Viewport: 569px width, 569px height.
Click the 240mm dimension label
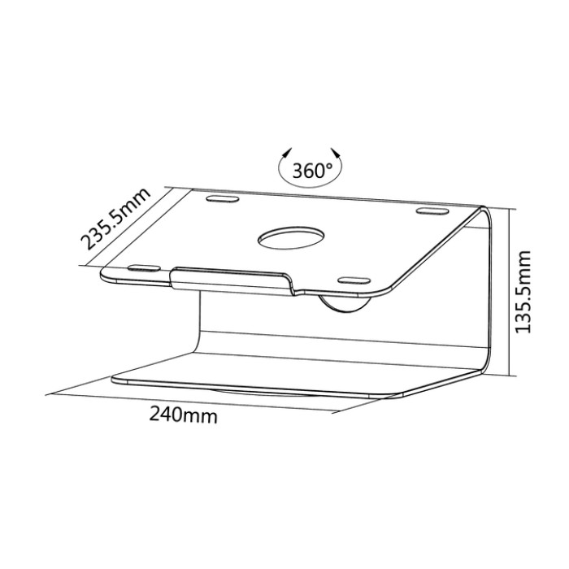[184, 415]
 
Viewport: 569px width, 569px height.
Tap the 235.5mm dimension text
[115, 219]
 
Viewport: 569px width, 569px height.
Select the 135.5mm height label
[523, 292]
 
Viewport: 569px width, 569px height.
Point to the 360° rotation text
[312, 170]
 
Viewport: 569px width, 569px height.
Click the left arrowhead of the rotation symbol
[288, 152]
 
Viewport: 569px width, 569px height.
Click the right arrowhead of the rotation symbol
[336, 152]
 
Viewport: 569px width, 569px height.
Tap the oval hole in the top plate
[291, 238]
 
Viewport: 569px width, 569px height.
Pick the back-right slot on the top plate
[432, 211]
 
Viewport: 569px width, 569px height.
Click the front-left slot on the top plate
[144, 268]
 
